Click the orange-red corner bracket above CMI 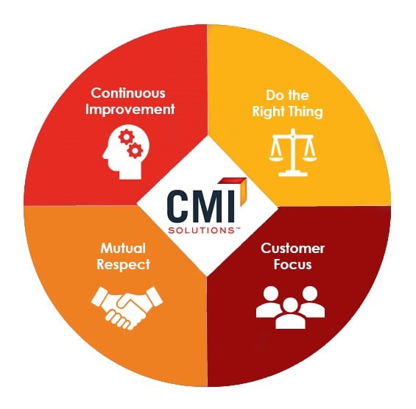(241, 188)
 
